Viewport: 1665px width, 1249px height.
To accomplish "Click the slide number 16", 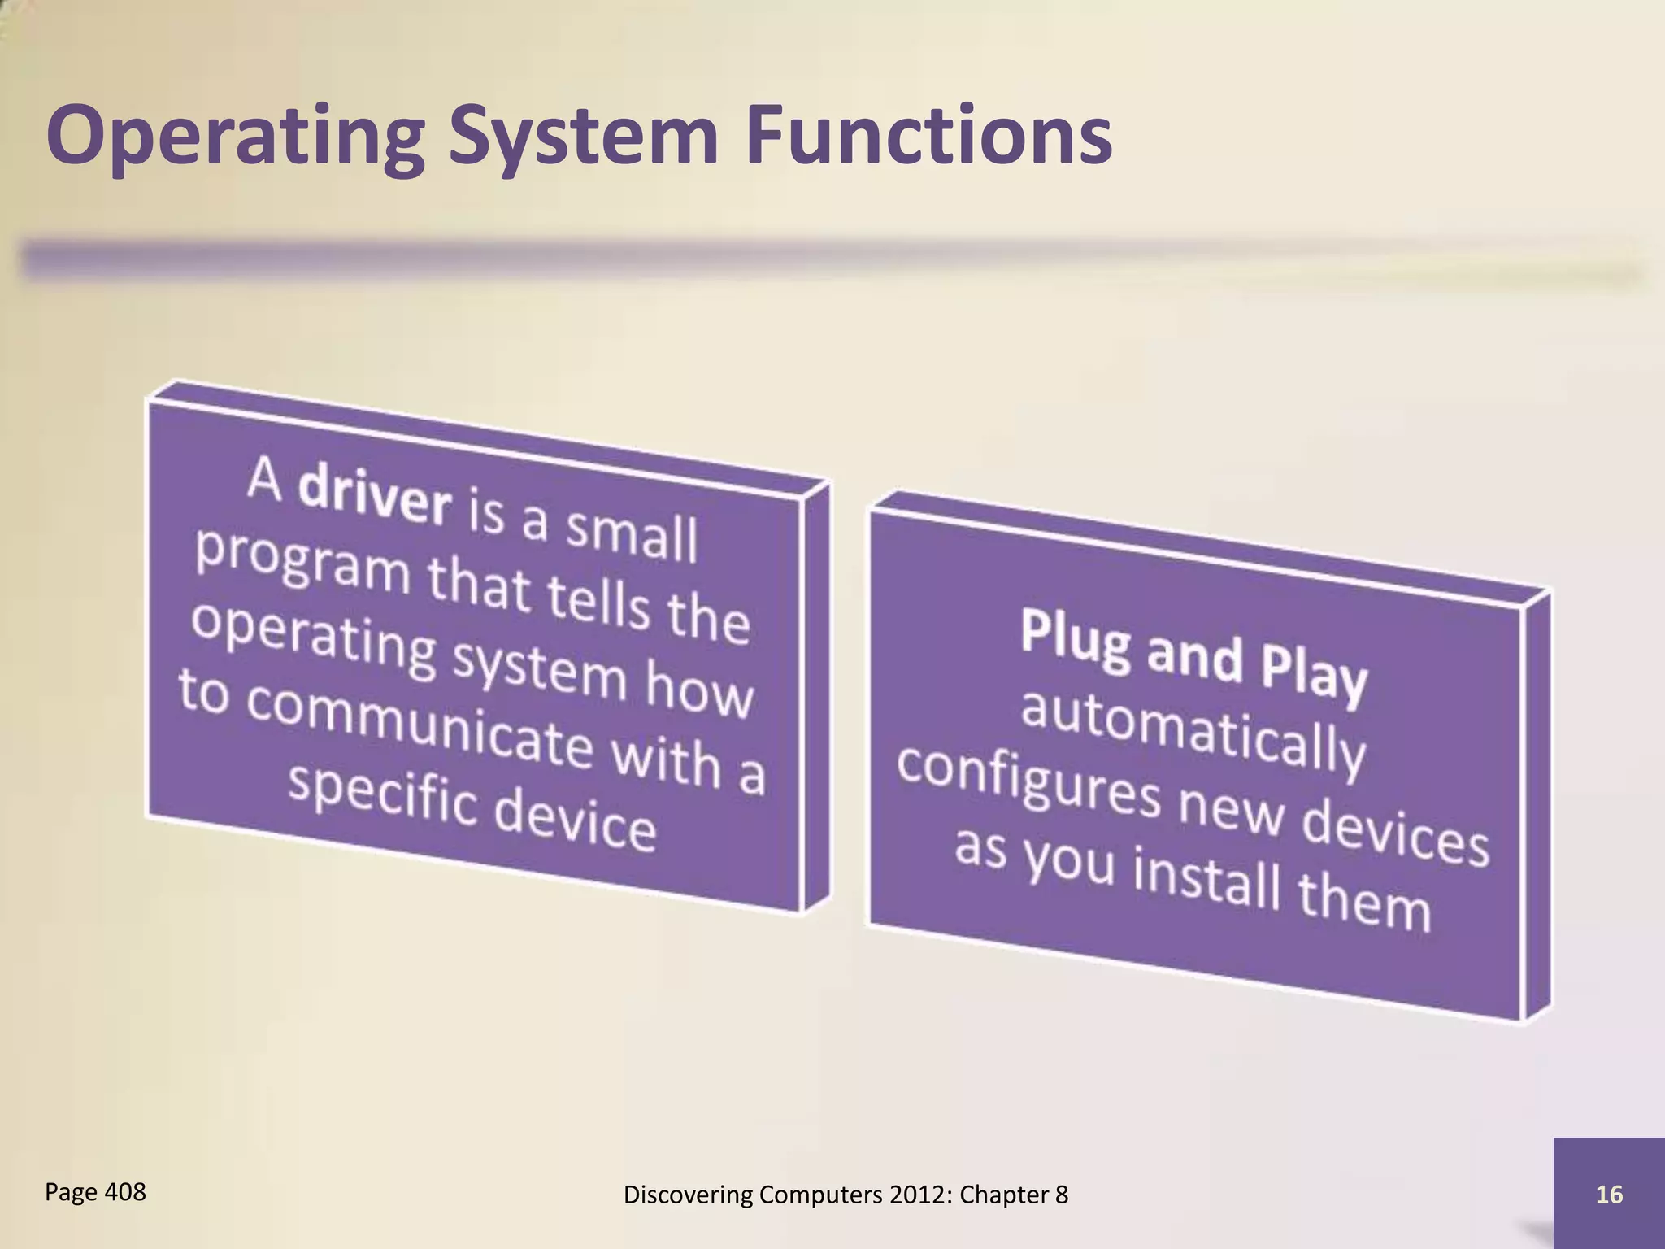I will click(x=1609, y=1195).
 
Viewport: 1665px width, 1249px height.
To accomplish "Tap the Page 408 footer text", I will click(x=95, y=1192).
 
